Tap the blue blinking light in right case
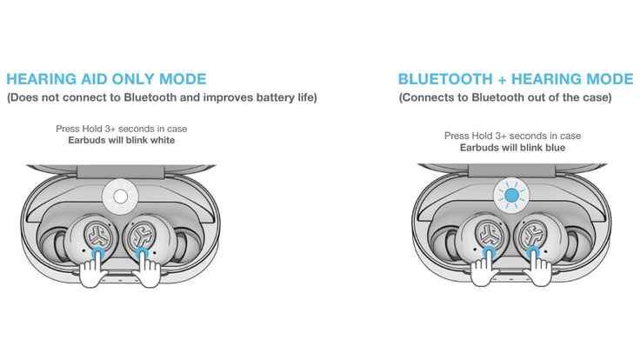pos(511,197)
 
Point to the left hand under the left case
pos(93,271)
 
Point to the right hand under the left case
pos(149,271)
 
